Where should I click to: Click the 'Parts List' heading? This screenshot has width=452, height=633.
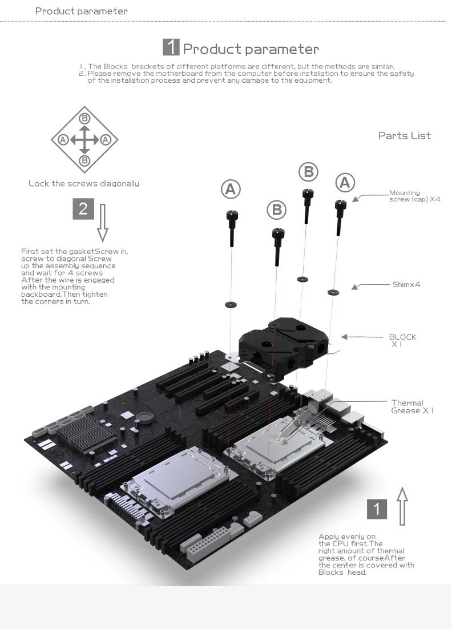404,135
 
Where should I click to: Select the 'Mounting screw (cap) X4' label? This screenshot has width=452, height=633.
414,196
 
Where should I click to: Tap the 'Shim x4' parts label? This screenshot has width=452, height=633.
406,284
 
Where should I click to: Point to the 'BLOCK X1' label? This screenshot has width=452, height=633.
402,340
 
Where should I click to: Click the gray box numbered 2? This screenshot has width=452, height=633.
83,209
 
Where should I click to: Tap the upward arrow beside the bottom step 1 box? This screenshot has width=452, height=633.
402,506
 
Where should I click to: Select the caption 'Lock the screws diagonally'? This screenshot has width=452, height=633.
83,184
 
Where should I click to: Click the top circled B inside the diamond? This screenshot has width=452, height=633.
84,119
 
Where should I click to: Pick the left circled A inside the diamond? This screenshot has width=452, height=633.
63,139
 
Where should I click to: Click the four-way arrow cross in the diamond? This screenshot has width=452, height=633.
84,139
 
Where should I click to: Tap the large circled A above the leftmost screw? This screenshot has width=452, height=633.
231,190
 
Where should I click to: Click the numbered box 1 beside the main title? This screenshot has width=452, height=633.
171,47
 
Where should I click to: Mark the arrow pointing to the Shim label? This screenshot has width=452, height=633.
355,286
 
